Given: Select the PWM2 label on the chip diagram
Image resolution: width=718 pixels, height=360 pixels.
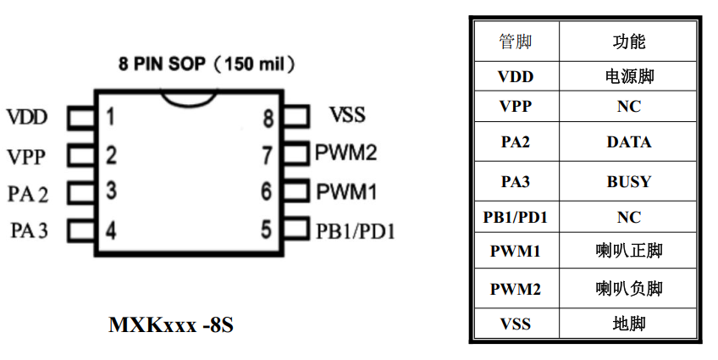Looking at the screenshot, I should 346,153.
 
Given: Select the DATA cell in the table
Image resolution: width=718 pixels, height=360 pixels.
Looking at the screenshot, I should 628,142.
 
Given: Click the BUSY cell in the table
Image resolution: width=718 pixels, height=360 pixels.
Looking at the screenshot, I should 628,181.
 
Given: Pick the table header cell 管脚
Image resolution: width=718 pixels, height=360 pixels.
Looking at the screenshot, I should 516,42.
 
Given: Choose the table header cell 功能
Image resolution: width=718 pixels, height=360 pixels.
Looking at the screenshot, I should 628,42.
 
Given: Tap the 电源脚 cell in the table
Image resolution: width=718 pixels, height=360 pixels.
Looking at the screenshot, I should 628,76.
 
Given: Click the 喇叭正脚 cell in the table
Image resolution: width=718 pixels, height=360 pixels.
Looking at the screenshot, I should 628,251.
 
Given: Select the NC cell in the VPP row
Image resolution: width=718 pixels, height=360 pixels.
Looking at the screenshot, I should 628,107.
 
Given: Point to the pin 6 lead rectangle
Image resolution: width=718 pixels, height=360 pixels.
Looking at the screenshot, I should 296,191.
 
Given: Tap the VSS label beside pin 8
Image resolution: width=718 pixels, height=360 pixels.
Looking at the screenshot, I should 346,115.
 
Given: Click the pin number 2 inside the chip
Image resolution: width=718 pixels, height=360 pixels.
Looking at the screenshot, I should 111,154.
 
